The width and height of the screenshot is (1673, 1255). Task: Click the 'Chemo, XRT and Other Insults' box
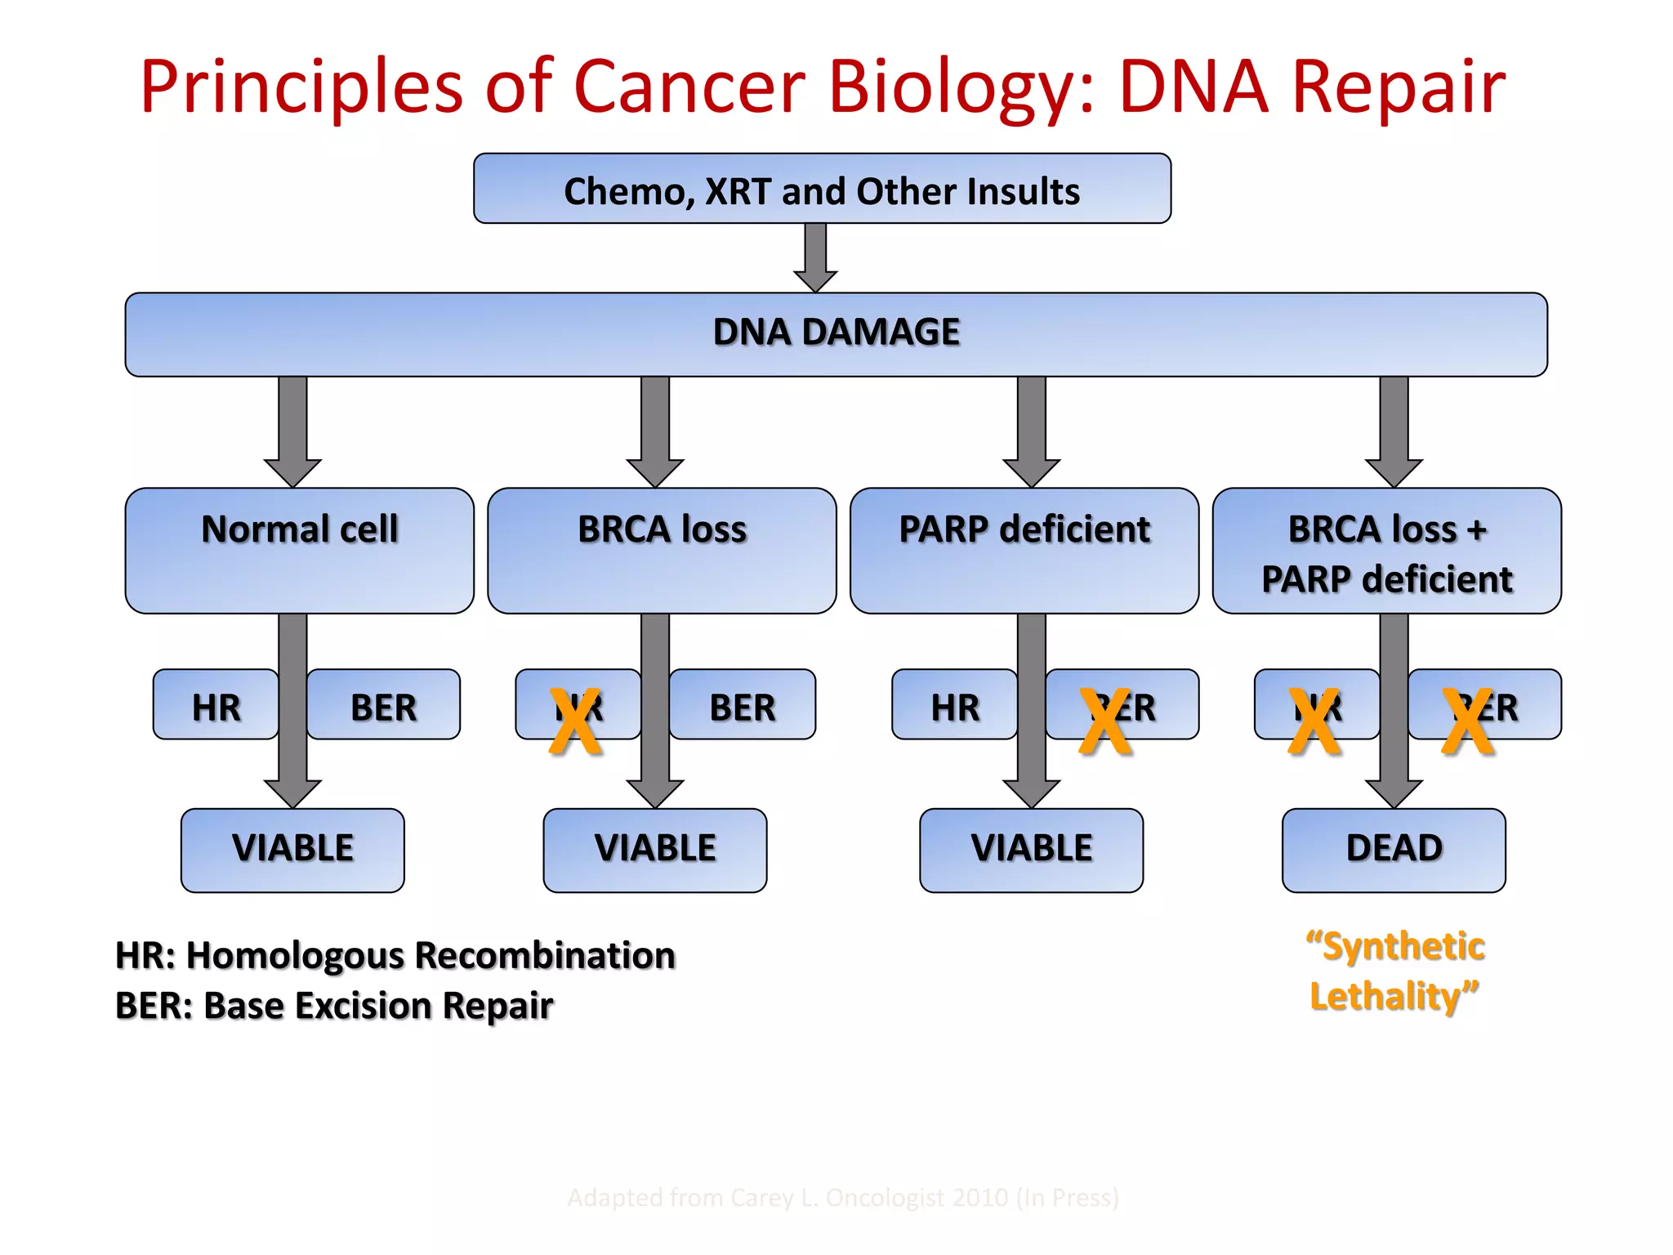click(822, 190)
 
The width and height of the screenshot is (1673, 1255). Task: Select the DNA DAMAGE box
click(836, 334)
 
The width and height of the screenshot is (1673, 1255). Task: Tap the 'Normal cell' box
click(299, 550)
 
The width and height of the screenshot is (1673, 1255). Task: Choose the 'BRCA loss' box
click(662, 550)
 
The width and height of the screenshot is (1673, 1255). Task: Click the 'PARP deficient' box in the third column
click(1024, 550)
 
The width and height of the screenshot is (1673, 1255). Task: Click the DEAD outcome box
click(1394, 850)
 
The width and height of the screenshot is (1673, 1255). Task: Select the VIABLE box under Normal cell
click(292, 850)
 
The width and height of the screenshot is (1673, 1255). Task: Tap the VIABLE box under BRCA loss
click(654, 850)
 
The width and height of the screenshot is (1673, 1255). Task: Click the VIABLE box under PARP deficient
click(1031, 850)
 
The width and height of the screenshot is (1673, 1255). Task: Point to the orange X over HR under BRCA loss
click(575, 721)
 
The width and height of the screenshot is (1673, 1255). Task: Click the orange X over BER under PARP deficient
click(1104, 721)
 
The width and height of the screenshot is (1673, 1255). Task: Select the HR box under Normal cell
click(216, 705)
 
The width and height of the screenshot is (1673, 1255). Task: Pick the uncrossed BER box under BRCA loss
click(742, 705)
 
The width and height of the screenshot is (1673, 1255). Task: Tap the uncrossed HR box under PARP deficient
click(954, 705)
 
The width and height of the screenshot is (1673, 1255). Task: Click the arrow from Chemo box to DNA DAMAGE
click(815, 257)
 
